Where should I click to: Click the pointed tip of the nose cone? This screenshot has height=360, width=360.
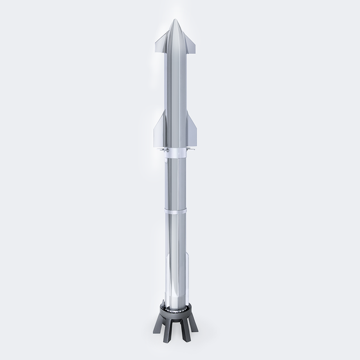pyautogui.click(x=176, y=20)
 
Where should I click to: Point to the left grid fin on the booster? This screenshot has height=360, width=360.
pyautogui.click(x=163, y=150)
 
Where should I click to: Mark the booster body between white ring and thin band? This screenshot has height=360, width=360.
pyautogui.click(x=176, y=183)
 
